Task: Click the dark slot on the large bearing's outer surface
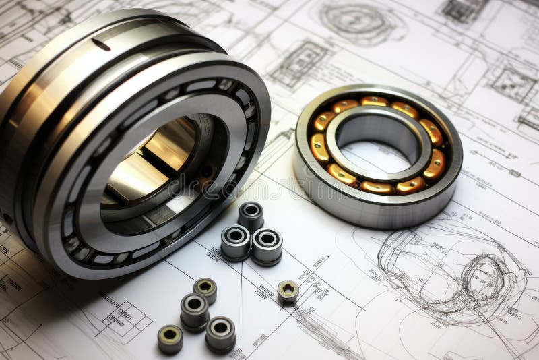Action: tap(100, 44)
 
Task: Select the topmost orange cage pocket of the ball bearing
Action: tap(375, 101)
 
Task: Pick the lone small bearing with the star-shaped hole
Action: tap(288, 291)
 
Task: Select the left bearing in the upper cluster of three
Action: tap(236, 241)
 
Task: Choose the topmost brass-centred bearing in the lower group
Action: tap(205, 289)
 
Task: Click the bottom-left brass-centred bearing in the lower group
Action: tap(170, 338)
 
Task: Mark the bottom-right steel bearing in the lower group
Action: tap(220, 332)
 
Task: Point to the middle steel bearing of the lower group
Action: tap(194, 309)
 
